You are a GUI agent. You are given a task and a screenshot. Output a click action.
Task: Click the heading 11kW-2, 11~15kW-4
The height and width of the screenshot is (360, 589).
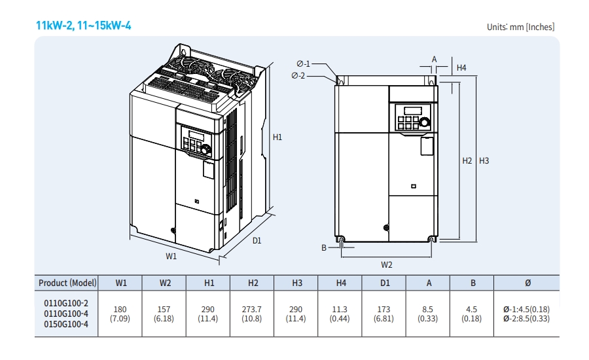[84, 26]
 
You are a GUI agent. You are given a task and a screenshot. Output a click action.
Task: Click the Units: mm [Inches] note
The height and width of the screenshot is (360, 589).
[520, 27]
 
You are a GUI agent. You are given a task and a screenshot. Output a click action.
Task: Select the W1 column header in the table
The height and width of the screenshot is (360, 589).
[121, 283]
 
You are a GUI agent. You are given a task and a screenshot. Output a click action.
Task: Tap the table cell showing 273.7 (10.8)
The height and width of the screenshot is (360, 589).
[253, 314]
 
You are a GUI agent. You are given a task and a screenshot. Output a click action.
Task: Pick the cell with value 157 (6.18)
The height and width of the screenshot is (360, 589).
[165, 314]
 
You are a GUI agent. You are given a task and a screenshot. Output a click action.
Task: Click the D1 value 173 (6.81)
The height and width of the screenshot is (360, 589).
[384, 314]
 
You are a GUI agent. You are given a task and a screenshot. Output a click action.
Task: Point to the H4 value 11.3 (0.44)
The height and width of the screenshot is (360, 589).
[340, 314]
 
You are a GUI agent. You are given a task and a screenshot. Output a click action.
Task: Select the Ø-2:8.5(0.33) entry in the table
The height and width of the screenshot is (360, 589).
[526, 319]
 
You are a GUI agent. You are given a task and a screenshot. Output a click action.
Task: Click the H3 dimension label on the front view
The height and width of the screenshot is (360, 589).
[484, 160]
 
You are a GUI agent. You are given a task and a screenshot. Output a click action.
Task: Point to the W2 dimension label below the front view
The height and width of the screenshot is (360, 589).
[387, 264]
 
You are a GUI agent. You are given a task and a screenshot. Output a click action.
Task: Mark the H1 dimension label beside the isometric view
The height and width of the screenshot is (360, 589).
[277, 137]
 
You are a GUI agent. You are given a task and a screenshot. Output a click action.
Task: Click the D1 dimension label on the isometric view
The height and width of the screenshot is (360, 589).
[257, 240]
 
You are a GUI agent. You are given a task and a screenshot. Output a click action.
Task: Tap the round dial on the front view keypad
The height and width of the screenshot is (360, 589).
[425, 122]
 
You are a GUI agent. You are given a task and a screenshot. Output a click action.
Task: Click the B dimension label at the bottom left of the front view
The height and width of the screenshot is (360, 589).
[323, 247]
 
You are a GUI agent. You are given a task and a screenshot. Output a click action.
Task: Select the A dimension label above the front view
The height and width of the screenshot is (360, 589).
[434, 59]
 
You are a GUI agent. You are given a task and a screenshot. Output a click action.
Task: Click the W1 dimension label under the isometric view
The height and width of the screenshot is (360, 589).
[171, 257]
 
